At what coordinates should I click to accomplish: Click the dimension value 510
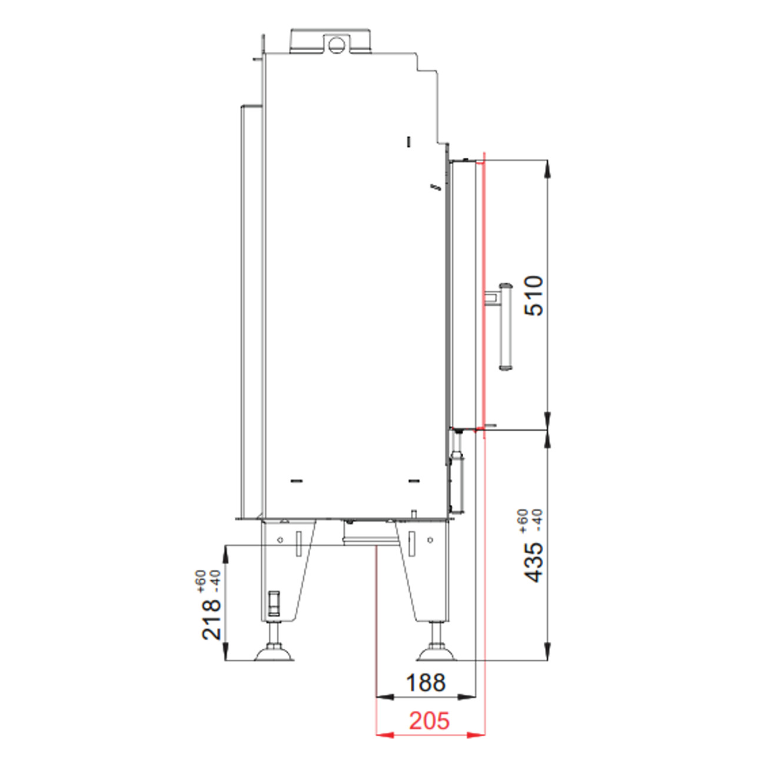pos(534,296)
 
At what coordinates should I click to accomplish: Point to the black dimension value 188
pos(425,683)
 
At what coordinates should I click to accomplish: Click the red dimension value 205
pos(429,720)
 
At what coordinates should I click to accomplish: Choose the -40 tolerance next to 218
pos(216,581)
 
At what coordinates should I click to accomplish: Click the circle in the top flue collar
pos(337,45)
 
